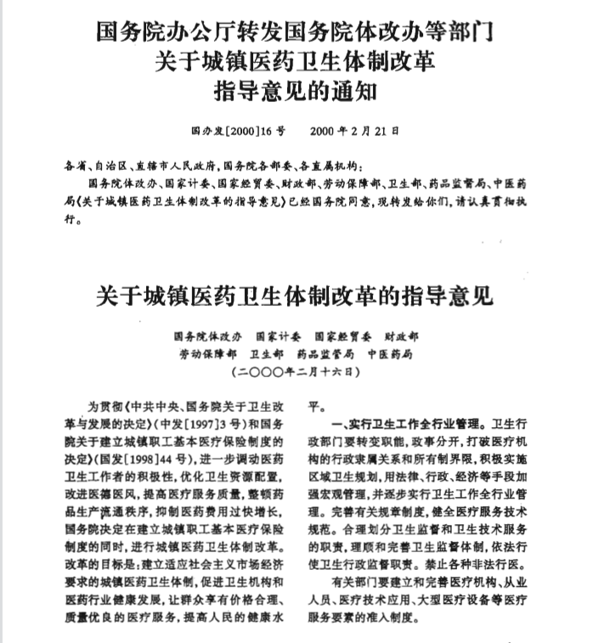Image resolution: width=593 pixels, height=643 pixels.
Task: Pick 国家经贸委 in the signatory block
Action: point(343,336)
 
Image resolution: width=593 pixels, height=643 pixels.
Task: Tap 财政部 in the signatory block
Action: point(402,336)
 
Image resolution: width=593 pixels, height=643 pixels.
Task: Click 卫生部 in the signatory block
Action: point(267,354)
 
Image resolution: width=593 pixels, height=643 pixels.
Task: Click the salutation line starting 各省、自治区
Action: point(212,164)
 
